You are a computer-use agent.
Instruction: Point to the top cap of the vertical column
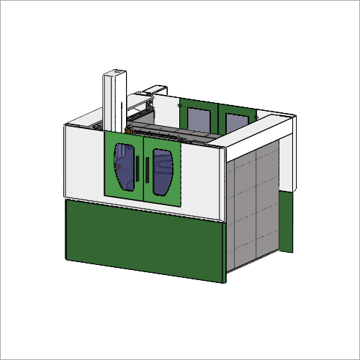click(116, 71)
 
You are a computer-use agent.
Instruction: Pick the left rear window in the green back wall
click(197, 118)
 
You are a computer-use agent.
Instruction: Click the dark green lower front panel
click(144, 238)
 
